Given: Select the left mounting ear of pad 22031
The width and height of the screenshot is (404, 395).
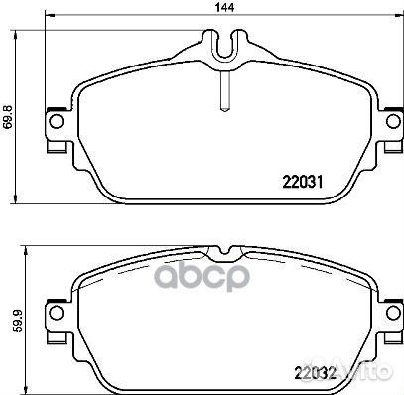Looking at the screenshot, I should tap(58, 128).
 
